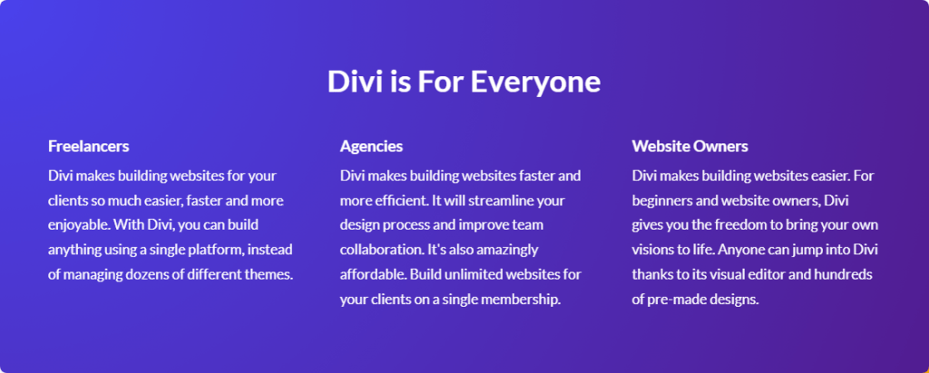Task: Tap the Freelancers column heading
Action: coord(88,146)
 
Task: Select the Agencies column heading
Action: coord(371,146)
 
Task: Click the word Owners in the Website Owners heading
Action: coord(721,146)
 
